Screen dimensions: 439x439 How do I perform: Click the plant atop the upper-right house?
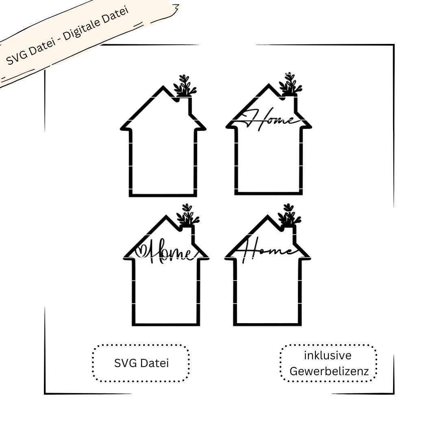pos(291,84)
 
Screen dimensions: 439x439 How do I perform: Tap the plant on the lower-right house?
pos(289,215)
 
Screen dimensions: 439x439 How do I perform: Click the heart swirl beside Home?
pos(141,250)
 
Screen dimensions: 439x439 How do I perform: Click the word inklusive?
pos(328,355)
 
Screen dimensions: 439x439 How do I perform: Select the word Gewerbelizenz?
pos(329,371)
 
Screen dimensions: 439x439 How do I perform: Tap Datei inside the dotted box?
pos(154,363)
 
